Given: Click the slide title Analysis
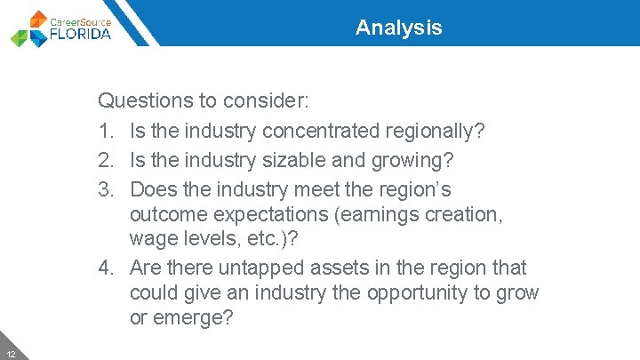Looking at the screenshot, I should click(x=398, y=28).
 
